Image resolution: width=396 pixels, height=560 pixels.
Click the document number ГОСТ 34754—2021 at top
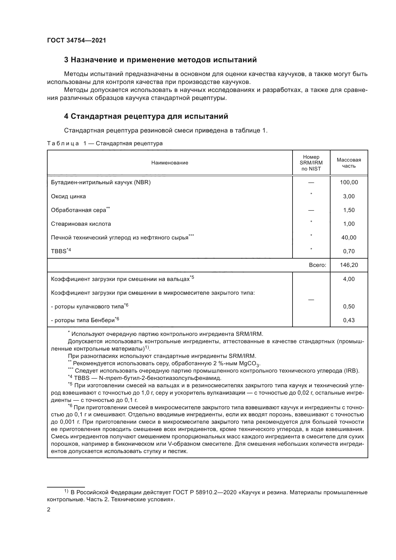(x=76, y=41)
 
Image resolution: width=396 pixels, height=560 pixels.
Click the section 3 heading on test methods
(x=160, y=60)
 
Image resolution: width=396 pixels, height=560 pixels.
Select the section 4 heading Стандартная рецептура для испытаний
(x=146, y=116)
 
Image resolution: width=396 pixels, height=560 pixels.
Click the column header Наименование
(x=170, y=163)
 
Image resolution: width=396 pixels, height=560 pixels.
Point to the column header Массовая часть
(x=349, y=163)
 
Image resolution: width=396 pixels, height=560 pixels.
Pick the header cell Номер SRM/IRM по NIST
(x=311, y=163)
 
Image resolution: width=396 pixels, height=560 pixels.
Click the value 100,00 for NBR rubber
(x=349, y=183)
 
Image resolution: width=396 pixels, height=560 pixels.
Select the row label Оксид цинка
(x=68, y=196)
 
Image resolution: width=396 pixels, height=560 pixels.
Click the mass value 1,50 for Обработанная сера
(x=349, y=210)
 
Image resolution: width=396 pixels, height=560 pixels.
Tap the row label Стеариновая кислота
(x=81, y=224)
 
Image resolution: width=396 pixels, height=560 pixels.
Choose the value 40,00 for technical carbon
(x=349, y=238)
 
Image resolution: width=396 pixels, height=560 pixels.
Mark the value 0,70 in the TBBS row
(x=349, y=251)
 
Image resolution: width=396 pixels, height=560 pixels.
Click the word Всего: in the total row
(x=317, y=265)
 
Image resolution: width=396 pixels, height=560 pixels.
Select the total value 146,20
(x=349, y=265)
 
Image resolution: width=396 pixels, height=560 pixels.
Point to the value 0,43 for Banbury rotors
(x=349, y=320)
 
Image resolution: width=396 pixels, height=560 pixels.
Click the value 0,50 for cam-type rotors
(x=349, y=306)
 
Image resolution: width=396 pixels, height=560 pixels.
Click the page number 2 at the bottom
(x=49, y=510)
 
